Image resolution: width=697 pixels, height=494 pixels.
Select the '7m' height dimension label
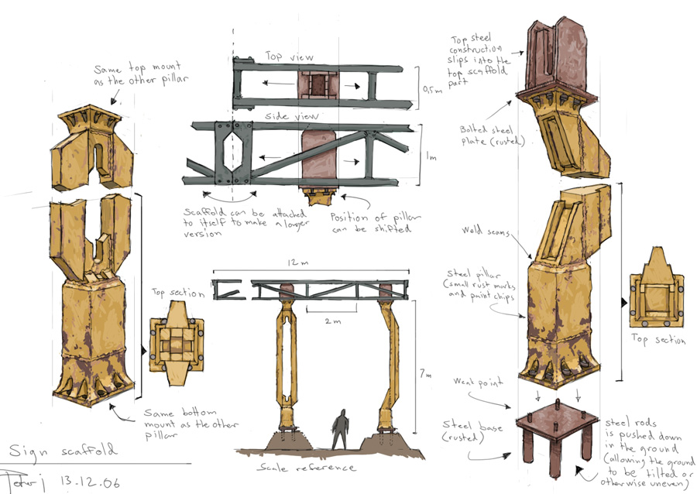(424, 374)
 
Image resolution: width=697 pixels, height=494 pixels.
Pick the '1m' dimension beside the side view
(431, 156)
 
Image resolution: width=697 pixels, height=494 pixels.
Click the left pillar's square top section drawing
(177, 349)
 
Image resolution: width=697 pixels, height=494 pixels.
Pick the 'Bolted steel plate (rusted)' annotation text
(483, 136)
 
